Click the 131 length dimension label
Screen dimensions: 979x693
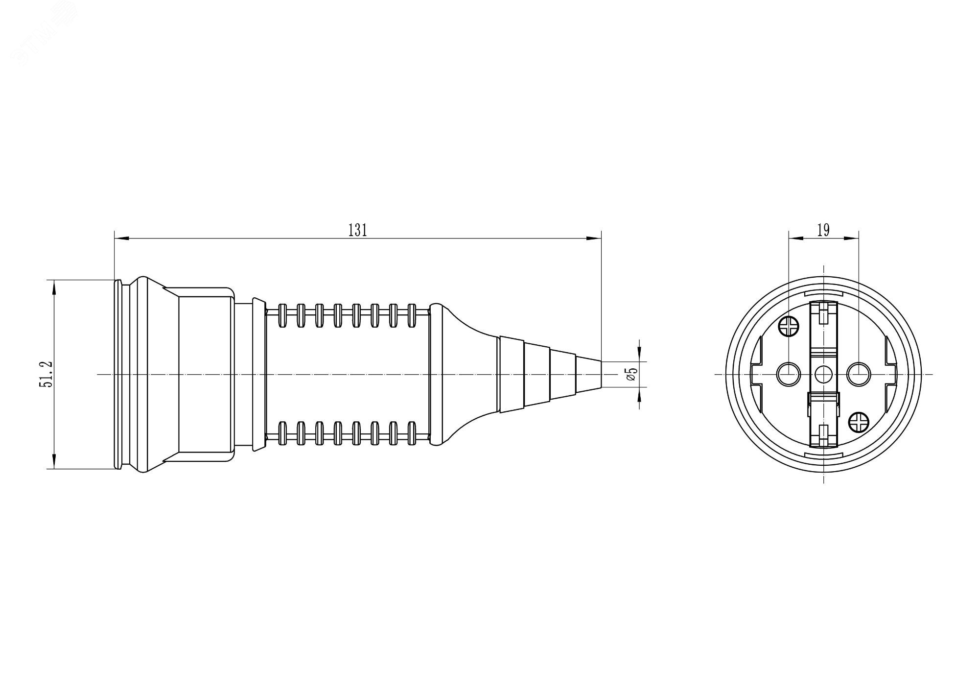(x=357, y=230)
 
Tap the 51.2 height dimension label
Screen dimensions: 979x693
(x=46, y=375)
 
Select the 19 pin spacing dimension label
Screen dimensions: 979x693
(x=823, y=230)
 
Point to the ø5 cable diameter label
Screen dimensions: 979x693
(x=631, y=375)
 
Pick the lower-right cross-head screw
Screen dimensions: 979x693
(x=860, y=422)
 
